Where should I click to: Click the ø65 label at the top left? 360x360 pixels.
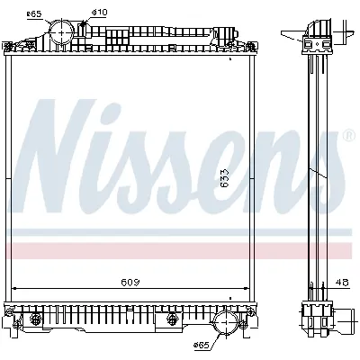click(x=33, y=13)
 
